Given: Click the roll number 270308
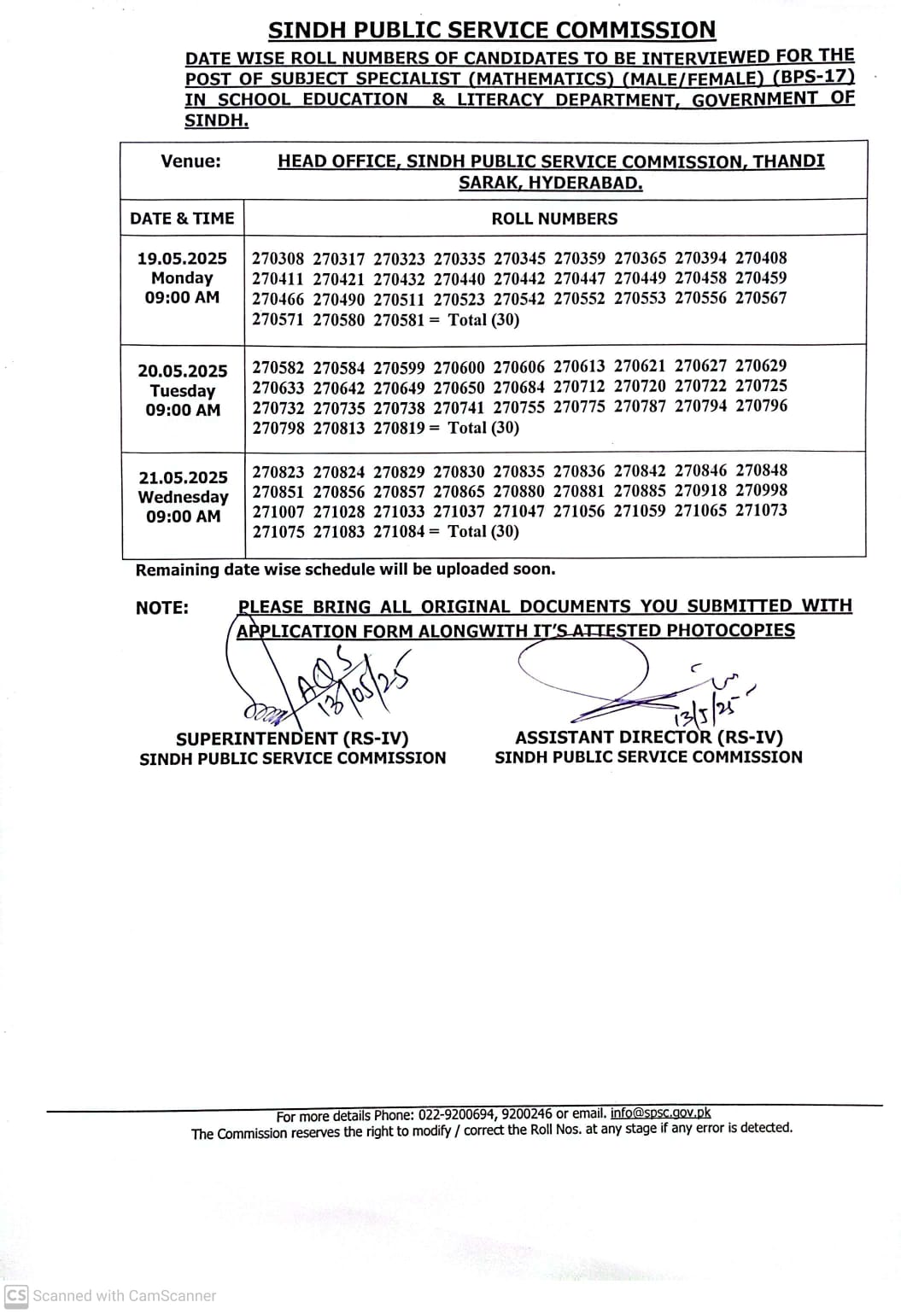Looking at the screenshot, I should click(x=278, y=258).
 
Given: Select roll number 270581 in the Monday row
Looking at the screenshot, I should click(x=399, y=320).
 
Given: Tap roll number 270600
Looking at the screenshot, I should click(x=459, y=368).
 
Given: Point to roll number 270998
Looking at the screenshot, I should click(x=761, y=490).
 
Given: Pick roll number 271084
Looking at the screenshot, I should click(x=399, y=531).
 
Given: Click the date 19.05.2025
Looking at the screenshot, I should click(x=182, y=258).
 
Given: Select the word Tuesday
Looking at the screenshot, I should click(x=183, y=391).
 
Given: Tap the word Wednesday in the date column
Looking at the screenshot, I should click(x=183, y=497).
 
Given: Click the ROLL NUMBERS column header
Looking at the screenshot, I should click(x=554, y=219).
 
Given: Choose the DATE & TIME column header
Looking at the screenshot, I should click(x=182, y=219).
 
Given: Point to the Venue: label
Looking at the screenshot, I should click(x=190, y=161).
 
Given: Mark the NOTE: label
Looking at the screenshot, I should click(x=162, y=608).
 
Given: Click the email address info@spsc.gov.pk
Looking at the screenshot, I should click(x=660, y=1113).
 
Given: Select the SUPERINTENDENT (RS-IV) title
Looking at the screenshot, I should click(x=292, y=739).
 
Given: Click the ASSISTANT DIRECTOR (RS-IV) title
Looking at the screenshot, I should click(x=649, y=737).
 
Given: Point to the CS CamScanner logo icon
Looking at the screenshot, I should click(x=16, y=1295).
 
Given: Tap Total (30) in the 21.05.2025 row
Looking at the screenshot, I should click(x=483, y=531).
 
